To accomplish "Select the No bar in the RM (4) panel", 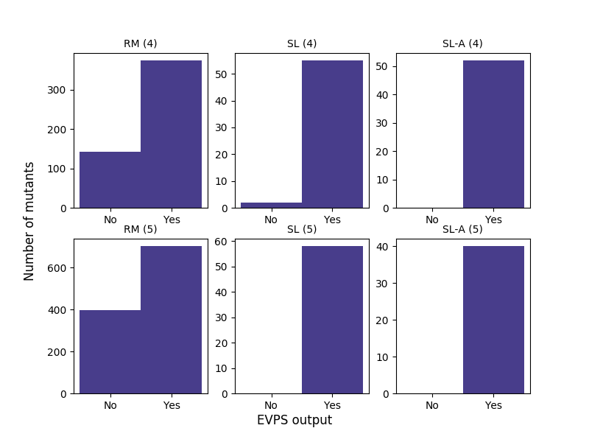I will [x=110, y=180].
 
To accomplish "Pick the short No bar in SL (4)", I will [x=271, y=205].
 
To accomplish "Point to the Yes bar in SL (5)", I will [x=332, y=320].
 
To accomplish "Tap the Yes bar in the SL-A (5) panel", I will [x=493, y=320].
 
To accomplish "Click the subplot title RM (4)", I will [x=140, y=43].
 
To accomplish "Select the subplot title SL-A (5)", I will [x=462, y=229].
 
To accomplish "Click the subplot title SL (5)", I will [x=302, y=229].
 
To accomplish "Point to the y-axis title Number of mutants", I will [x=29, y=221].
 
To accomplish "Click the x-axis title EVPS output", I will [x=294, y=420].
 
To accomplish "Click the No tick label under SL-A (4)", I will [x=432, y=220].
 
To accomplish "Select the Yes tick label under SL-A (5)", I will [x=493, y=405].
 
